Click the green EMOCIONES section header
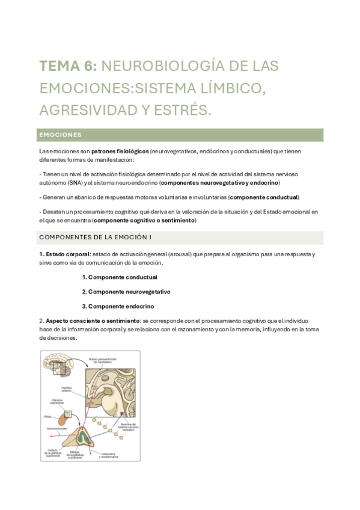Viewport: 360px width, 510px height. (x=60, y=135)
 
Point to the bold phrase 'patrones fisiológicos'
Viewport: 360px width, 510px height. (x=120, y=152)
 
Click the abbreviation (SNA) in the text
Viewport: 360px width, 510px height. (x=74, y=183)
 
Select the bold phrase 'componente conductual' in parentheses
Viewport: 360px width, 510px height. (x=264, y=197)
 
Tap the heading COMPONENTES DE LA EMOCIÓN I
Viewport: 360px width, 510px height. (x=95, y=237)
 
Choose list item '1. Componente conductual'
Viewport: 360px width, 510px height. (x=120, y=277)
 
